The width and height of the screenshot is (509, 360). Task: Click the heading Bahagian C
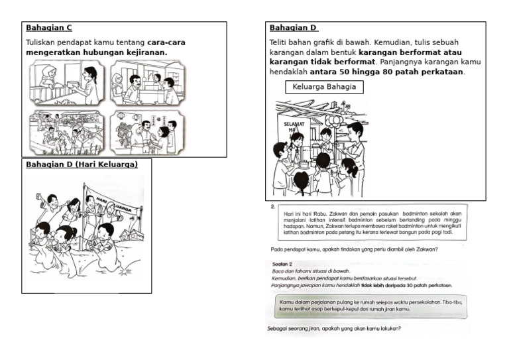48,28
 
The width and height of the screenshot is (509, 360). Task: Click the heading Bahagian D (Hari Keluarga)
82,164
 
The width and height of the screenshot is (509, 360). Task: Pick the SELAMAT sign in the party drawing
293,125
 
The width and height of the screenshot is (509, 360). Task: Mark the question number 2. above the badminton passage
273,207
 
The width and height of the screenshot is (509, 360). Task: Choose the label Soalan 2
282,264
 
